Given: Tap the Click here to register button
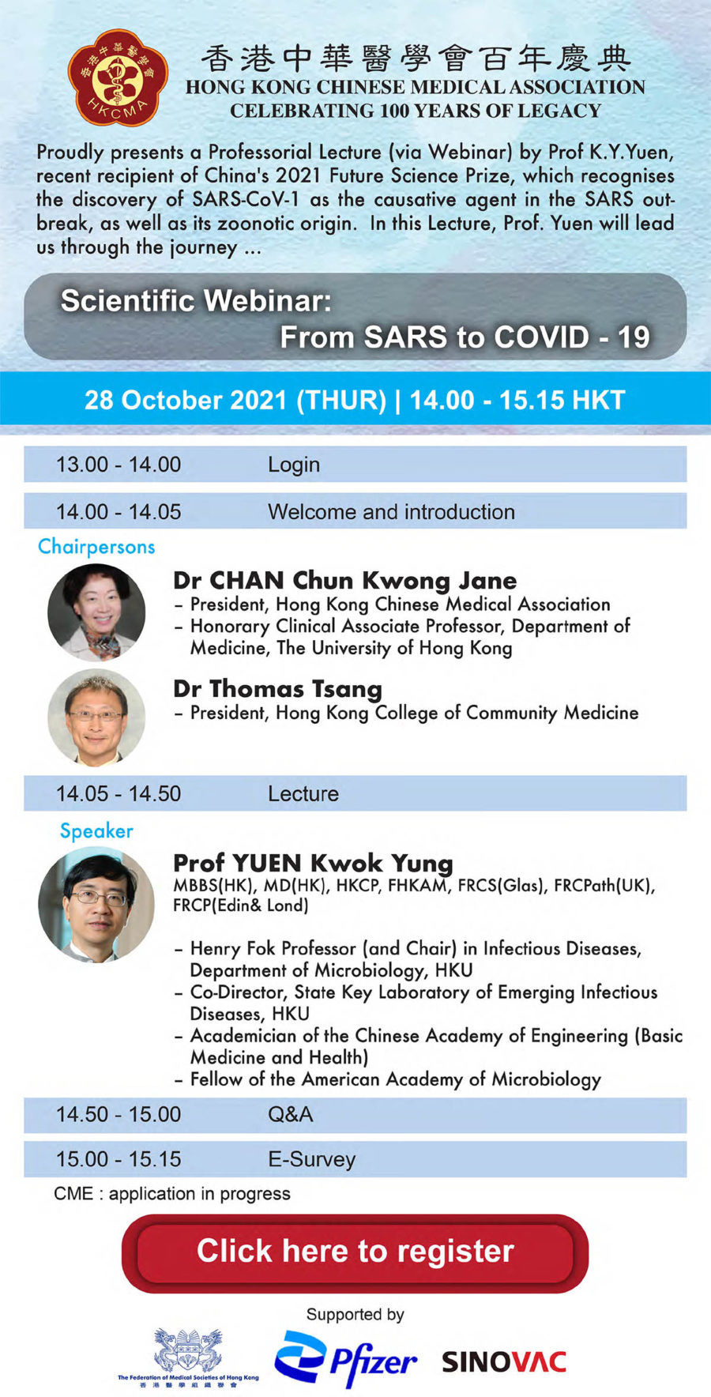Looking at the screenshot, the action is [355, 1252].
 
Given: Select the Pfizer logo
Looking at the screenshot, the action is [345, 1359].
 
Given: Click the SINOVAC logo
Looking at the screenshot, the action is [503, 1361].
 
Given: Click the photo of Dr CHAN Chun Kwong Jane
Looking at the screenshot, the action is [96, 612].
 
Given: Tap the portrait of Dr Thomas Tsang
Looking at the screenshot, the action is [96, 717].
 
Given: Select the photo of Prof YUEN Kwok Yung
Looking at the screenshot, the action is [96, 904].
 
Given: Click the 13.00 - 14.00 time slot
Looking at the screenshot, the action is [118, 464].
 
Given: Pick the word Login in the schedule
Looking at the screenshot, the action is [294, 465].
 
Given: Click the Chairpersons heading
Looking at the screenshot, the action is [96, 546].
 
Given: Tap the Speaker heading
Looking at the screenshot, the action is [96, 830].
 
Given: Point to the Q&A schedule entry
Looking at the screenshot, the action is [291, 1114].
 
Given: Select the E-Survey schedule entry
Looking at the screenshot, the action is [312, 1159].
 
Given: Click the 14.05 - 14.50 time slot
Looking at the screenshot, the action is [118, 793].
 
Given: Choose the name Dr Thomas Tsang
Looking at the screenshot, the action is [277, 689].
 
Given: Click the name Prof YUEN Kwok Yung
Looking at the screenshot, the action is [313, 863].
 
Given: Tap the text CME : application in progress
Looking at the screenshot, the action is [172, 1193].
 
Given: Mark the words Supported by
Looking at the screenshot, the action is [355, 1314].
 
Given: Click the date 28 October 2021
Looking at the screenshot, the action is [186, 400].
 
